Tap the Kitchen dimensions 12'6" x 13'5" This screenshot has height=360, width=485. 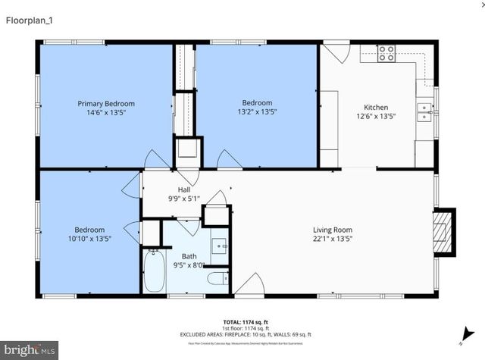[377, 117]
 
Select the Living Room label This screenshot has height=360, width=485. [333, 230]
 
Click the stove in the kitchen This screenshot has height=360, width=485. [386, 53]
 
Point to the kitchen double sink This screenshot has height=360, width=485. [424, 113]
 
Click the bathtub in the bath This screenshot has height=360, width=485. [154, 271]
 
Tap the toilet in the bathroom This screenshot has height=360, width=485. [217, 280]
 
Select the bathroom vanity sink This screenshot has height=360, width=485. [221, 247]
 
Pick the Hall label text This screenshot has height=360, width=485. [184, 189]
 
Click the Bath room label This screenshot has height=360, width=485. [189, 256]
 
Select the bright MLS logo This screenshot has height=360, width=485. [30, 350]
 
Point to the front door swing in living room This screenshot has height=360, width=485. [250, 284]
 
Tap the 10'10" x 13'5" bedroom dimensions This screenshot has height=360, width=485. [89, 239]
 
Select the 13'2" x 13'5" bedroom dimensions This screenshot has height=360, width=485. [257, 112]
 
